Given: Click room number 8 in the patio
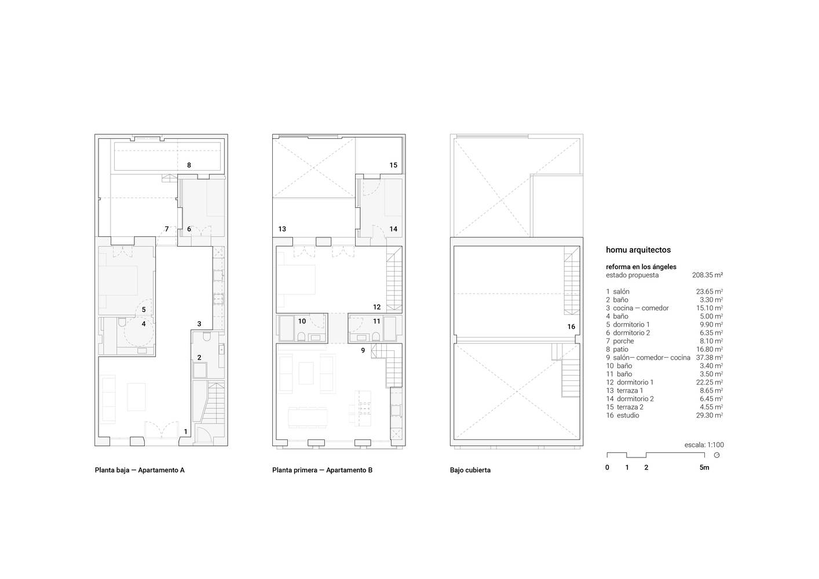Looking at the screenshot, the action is point(189,165).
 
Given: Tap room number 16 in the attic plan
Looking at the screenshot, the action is point(571,327).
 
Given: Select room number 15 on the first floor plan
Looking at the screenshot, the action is point(393,165).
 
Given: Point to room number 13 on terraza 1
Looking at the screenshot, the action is point(282,229).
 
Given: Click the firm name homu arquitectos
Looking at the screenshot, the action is point(638,250).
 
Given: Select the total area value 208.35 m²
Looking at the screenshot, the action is point(707,275).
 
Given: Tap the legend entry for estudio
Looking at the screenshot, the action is point(623,415).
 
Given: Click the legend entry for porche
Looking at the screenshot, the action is point(620,341).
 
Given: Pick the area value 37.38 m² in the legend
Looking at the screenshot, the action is point(710,357).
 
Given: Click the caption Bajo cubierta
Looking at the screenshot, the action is point(470,470).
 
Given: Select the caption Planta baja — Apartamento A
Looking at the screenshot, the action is point(140,470).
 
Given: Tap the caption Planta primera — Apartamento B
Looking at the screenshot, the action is point(322,470).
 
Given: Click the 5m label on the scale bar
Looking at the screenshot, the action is point(704,467).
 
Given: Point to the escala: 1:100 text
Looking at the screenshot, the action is point(704,445).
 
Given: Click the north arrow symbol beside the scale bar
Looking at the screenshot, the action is point(716,455).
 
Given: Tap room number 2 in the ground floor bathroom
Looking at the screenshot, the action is point(199,357).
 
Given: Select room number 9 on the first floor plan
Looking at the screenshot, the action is point(363,350).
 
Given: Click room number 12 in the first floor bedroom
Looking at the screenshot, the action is point(376,307).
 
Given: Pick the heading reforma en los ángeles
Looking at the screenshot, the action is point(641,267).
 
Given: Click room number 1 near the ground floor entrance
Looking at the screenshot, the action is point(186,432).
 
